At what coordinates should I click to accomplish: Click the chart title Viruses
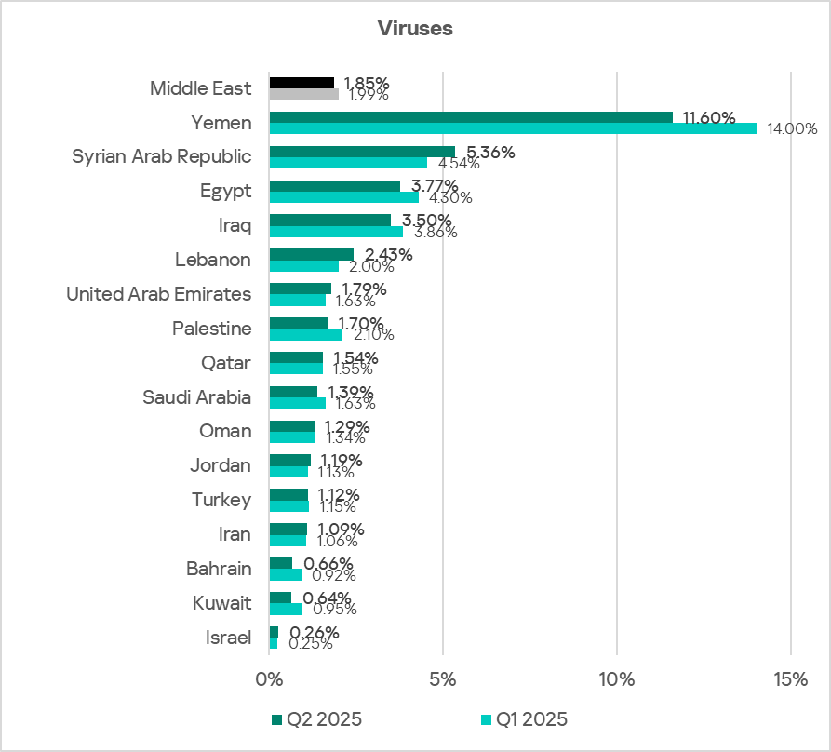pos(415,28)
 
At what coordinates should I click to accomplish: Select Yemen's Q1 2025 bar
pos(513,128)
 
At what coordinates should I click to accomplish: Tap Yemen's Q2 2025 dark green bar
pos(471,117)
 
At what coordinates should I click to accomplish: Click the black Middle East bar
pos(302,83)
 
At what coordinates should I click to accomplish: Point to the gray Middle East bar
pos(304,94)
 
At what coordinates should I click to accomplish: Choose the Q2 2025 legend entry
pos(315,718)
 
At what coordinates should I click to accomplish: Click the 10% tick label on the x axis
pos(617,680)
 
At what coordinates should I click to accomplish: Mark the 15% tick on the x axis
pos(790,680)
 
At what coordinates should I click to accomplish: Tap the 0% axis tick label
pos(269,680)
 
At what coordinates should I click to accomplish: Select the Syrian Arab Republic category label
pos(162,156)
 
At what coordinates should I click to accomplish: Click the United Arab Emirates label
pos(158,294)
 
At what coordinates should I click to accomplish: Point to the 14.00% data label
pos(792,129)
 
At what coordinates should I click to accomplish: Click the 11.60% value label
pos(709,118)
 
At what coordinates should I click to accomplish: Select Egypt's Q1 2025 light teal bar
pos(343,197)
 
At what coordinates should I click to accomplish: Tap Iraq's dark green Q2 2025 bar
pos(329,220)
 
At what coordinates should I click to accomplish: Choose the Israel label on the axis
pos(228,638)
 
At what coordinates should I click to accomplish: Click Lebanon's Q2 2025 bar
pos(311,254)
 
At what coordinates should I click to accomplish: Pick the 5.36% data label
pos(491,153)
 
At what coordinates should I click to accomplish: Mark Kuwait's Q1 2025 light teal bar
pos(286,610)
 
